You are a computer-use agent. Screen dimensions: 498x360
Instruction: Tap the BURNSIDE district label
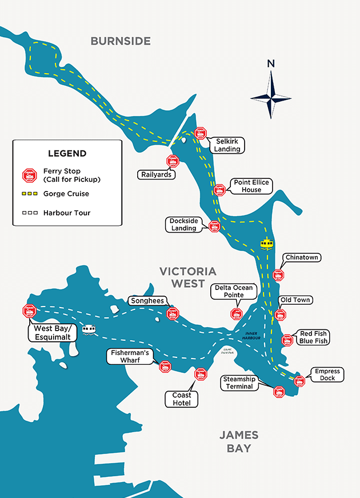click(121, 41)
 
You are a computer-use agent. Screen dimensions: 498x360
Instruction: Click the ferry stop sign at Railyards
click(173, 161)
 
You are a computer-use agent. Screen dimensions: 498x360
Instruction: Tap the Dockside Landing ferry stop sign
click(214, 226)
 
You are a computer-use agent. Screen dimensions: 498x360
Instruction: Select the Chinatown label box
click(301, 258)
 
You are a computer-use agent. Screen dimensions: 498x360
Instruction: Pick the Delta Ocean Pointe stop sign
click(237, 313)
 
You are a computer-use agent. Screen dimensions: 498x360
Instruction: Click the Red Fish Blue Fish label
click(313, 337)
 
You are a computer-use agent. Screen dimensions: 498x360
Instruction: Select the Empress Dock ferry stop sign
click(299, 381)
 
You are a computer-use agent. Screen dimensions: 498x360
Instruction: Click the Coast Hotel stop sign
click(200, 375)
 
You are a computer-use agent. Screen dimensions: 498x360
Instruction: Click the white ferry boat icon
click(89, 330)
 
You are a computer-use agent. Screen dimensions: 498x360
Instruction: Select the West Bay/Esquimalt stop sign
click(29, 311)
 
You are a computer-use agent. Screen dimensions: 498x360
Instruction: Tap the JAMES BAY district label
click(239, 441)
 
